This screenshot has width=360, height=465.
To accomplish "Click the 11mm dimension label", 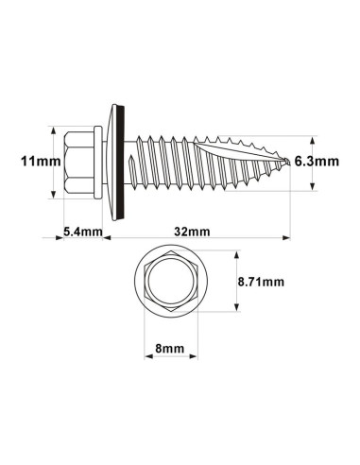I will pos(39,163).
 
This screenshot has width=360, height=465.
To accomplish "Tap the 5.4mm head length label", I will pos(82,229).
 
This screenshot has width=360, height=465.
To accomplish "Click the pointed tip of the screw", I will pos(288,163).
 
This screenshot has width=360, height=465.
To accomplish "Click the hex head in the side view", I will pos(79,163).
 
